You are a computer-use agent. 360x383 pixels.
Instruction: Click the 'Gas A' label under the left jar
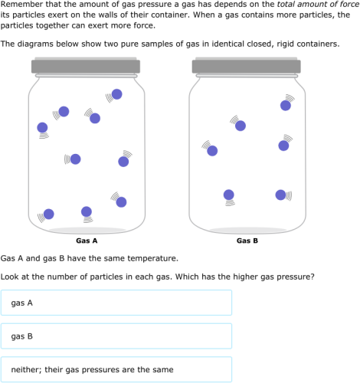coord(87,241)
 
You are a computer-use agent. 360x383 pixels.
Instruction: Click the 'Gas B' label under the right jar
coord(247,241)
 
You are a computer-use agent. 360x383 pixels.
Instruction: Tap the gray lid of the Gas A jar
coord(87,67)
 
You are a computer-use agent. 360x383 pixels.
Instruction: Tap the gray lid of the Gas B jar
coord(247,67)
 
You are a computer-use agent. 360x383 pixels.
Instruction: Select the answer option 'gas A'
coord(116,303)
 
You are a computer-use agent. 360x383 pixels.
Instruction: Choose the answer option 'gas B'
coord(116,336)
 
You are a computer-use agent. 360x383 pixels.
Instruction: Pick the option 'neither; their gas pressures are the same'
coord(116,369)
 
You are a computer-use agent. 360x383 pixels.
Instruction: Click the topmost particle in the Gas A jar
coord(116,95)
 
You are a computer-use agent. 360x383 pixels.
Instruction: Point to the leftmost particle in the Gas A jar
coord(43,127)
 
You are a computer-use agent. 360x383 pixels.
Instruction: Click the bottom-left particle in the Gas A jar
coord(49,214)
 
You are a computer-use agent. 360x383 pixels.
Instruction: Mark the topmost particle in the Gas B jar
coord(286,105)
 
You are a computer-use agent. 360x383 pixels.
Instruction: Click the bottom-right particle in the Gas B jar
coord(280,195)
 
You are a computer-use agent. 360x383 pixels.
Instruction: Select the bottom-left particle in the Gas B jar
coord(228,195)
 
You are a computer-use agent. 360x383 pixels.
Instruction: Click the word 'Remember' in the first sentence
coord(21,5)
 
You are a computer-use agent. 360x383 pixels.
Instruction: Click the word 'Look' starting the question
coord(11,276)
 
